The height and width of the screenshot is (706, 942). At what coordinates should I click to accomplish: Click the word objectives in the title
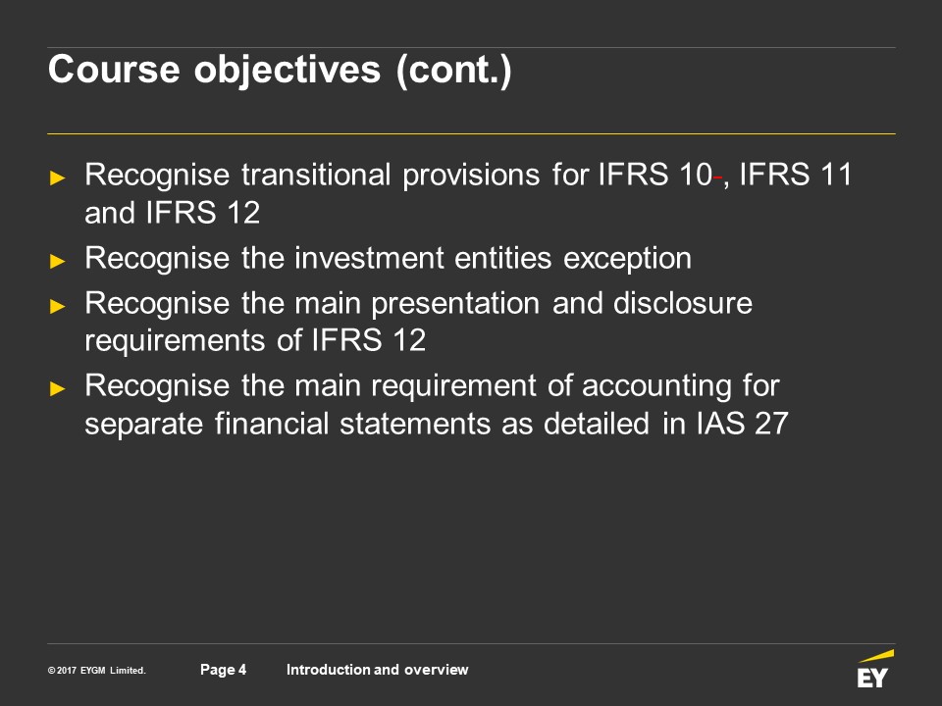point(288,71)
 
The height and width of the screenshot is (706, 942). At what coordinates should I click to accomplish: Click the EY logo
point(874,669)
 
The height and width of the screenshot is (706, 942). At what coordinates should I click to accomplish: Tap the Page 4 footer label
point(223,670)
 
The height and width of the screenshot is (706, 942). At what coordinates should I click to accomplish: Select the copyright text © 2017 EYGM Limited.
point(97,671)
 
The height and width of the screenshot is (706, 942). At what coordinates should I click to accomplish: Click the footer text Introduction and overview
point(377,670)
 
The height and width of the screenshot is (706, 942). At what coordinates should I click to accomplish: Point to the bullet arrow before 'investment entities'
point(58,261)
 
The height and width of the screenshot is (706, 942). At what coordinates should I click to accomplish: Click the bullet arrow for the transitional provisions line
point(58,177)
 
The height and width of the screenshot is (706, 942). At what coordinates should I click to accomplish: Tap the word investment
point(368,258)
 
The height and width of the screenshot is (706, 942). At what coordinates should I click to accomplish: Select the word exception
point(627,259)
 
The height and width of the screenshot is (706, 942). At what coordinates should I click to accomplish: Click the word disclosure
point(683,303)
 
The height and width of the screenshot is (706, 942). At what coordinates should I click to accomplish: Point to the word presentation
point(455,304)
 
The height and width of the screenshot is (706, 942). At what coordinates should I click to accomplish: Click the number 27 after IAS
point(771,424)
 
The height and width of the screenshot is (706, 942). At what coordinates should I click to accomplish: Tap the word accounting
point(656,386)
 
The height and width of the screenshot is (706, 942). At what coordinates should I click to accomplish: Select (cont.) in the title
point(453,71)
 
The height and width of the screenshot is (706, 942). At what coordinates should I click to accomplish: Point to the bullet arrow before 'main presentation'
point(58,306)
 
